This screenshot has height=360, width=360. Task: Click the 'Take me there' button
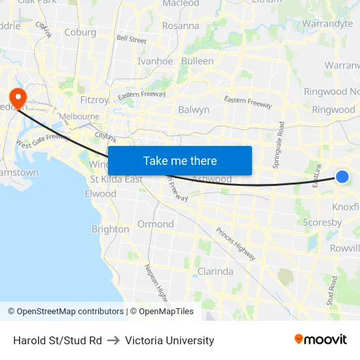[x=180, y=161]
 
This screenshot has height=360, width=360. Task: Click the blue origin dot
[x=342, y=176]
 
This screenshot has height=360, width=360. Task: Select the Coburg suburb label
[x=81, y=32]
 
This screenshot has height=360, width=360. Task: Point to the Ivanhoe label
[x=155, y=61]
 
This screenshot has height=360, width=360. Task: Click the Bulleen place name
[x=197, y=61]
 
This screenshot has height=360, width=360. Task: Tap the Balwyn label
[x=194, y=109]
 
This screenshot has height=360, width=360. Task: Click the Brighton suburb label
[x=110, y=229]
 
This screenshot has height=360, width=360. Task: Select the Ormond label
[x=155, y=224]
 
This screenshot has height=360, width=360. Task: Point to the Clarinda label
[x=215, y=271]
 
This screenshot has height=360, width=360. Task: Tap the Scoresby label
[x=322, y=223]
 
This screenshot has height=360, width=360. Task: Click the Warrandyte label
[x=327, y=24]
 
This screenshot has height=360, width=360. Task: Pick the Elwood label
[x=100, y=194]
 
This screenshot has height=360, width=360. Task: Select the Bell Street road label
[x=131, y=39]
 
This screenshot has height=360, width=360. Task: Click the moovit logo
[x=321, y=339]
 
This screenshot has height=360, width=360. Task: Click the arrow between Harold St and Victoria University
[x=113, y=340]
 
